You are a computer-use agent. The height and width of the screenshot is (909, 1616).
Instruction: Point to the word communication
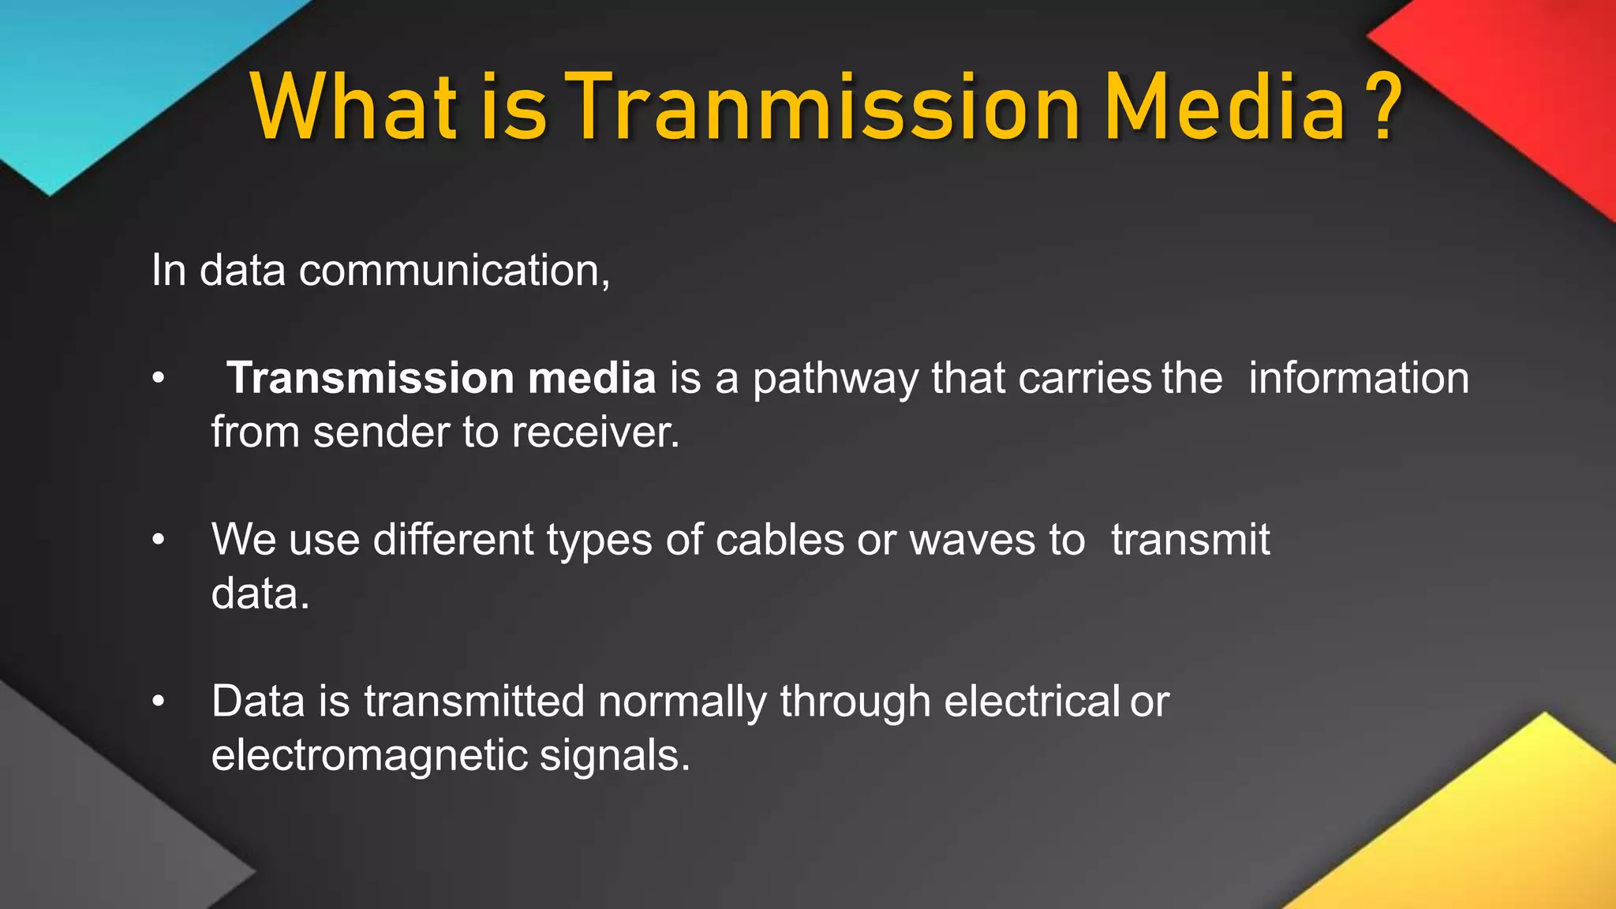[x=454, y=271]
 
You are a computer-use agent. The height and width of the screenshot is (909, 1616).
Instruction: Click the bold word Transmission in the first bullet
[x=371, y=378]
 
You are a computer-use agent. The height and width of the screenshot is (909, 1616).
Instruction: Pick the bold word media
[x=592, y=378]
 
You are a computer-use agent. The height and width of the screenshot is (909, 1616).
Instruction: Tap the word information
[x=1359, y=378]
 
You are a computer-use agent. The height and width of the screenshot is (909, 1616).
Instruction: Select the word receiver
[x=595, y=432]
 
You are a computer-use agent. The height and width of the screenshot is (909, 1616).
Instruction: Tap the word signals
[x=615, y=756]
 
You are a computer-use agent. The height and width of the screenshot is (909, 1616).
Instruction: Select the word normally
[x=682, y=702]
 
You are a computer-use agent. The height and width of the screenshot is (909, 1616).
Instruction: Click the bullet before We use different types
[x=159, y=541]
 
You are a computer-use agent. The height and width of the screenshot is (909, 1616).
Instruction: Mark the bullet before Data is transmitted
[x=159, y=701]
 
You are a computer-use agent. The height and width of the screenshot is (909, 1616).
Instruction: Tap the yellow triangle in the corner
[x=1499, y=836]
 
